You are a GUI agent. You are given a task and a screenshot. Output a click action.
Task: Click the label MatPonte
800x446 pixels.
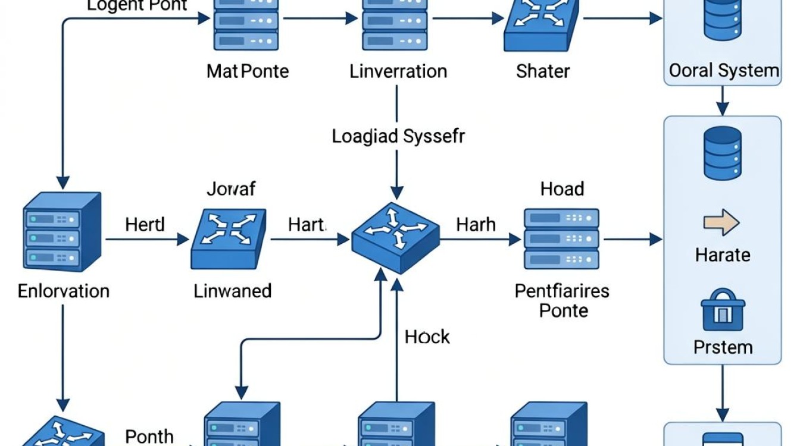point(248,71)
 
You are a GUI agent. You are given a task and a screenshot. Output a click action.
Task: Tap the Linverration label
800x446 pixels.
point(398,71)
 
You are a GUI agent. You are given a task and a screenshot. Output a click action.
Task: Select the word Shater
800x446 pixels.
point(543,71)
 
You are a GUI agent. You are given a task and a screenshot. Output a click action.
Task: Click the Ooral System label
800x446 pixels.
point(724,71)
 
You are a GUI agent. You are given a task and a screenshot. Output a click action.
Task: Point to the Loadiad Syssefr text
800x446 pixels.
point(398,137)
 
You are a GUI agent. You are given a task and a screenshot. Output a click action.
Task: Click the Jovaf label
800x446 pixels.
point(231,189)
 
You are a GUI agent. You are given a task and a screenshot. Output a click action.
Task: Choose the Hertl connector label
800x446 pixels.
point(145,225)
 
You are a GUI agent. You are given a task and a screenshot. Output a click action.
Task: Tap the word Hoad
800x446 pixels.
point(562,189)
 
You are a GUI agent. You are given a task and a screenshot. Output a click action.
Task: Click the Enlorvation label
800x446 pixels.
point(64,291)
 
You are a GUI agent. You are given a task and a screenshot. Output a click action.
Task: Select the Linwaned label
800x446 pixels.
point(233,291)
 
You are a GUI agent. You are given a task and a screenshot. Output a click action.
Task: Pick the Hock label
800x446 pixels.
point(427,337)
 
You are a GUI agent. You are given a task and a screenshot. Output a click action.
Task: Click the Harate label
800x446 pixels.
point(723,255)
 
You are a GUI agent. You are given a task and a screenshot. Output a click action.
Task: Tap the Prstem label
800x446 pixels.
point(723,347)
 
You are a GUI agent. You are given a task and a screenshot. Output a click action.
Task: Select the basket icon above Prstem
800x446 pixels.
point(723,310)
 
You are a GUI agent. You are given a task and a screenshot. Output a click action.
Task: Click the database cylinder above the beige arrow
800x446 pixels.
point(723,153)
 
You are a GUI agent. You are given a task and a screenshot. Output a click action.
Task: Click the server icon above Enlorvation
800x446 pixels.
point(62,232)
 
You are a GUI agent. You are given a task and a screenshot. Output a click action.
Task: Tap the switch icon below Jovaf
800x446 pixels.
point(229,239)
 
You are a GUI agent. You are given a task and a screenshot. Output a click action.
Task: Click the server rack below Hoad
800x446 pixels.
point(561,238)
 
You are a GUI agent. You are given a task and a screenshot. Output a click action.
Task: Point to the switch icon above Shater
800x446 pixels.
point(542,25)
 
